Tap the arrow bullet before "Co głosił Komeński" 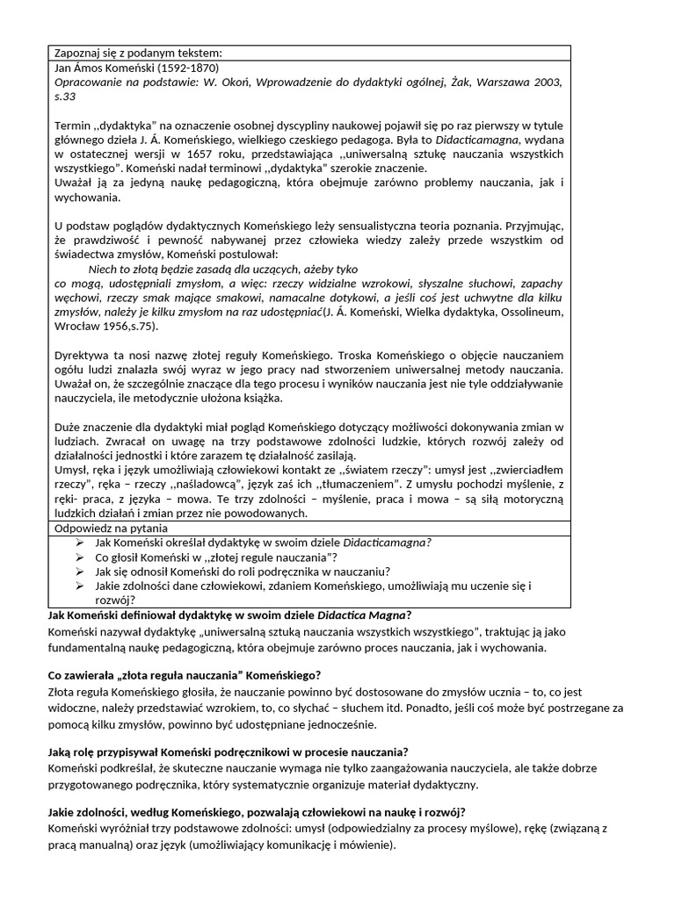tap(81, 557)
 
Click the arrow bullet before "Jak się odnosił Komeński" tap(81, 571)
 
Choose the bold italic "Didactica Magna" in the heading tap(361, 615)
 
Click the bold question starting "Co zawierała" tap(183, 675)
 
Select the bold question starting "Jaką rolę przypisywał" tap(227, 752)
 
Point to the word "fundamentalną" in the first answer tap(88, 648)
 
